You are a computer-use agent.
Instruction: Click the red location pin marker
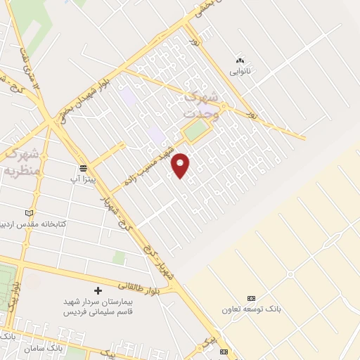tap(181, 165)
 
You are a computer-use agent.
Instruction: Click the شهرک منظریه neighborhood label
tap(21, 161)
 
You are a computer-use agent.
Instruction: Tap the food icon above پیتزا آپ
tap(84, 169)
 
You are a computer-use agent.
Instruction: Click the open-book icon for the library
tap(28, 212)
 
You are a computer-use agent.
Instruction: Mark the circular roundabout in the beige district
tap(290, 274)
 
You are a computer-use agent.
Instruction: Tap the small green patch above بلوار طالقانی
tap(119, 258)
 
